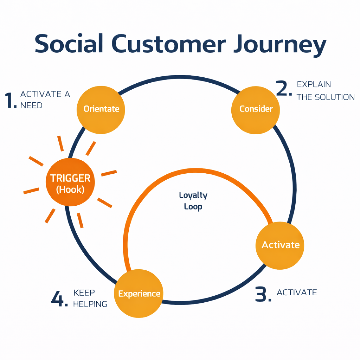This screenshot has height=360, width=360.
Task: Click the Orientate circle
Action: [101, 109]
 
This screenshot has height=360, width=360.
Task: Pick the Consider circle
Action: [256, 109]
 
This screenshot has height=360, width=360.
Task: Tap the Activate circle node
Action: [281, 245]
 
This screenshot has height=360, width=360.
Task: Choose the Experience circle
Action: [139, 294]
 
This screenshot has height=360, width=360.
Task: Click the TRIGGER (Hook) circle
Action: [70, 183]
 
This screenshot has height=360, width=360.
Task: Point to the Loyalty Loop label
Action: [193, 201]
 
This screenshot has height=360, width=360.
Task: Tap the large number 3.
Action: [263, 295]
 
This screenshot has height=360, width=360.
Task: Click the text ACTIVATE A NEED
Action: [45, 100]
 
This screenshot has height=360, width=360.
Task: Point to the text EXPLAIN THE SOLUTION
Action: [326, 91]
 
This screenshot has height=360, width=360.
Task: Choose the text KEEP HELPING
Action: [90, 298]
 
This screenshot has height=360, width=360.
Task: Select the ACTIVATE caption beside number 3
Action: [297, 292]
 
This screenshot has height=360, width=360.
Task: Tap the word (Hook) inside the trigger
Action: [70, 190]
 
